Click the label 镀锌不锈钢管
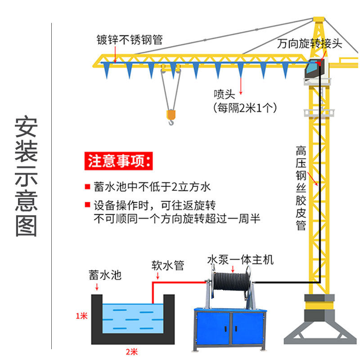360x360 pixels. point(129,40)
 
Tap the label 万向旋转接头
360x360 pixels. point(310,44)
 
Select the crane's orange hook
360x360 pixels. point(171,117)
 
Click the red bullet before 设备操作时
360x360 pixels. point(87,206)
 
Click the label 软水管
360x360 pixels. point(167,265)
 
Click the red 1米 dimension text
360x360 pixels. point(81,316)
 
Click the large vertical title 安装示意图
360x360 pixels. point(26,177)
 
